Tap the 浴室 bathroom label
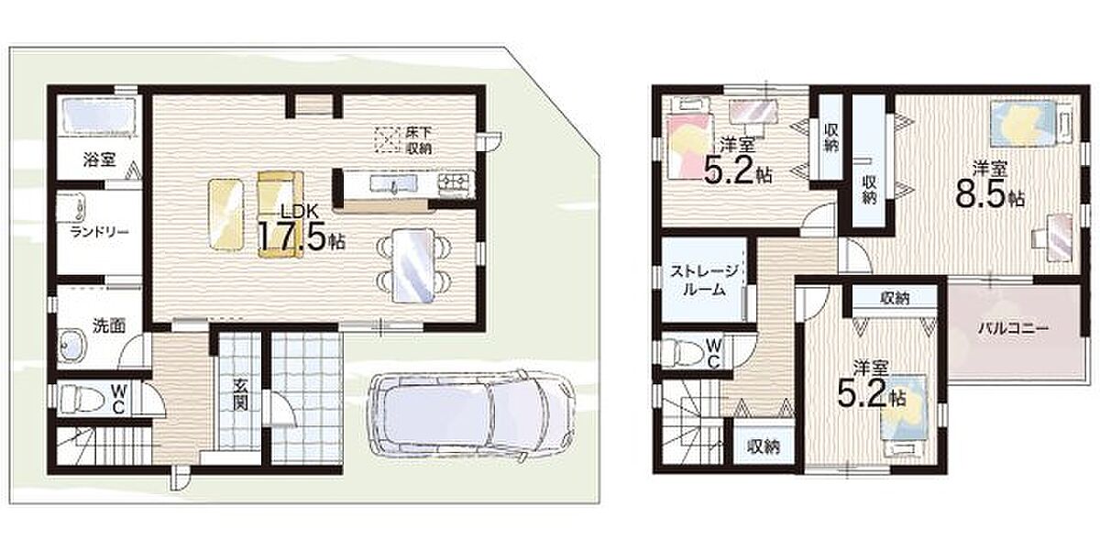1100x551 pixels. (x=99, y=160)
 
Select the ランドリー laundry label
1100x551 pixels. (x=99, y=232)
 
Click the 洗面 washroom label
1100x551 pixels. (x=109, y=325)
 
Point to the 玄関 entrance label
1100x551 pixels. (x=240, y=394)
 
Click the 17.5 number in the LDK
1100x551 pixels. (x=291, y=236)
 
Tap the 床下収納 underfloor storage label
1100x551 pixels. (x=418, y=140)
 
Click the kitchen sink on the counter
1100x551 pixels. (x=393, y=183)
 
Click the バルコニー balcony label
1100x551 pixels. (x=1013, y=328)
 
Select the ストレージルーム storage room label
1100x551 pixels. (x=705, y=280)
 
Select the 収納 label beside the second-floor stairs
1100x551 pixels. (x=763, y=446)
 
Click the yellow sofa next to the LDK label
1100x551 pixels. (x=280, y=215)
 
